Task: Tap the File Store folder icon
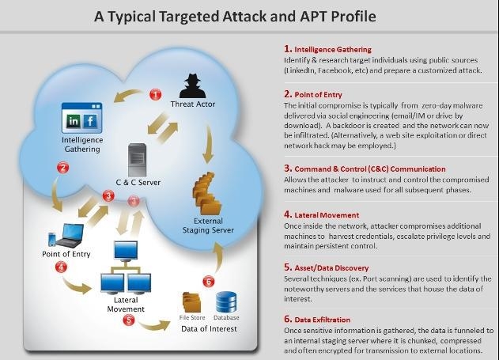191,303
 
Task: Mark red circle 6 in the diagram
209,281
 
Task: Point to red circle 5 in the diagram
129,320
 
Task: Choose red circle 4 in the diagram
61,267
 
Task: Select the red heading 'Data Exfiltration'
323,320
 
